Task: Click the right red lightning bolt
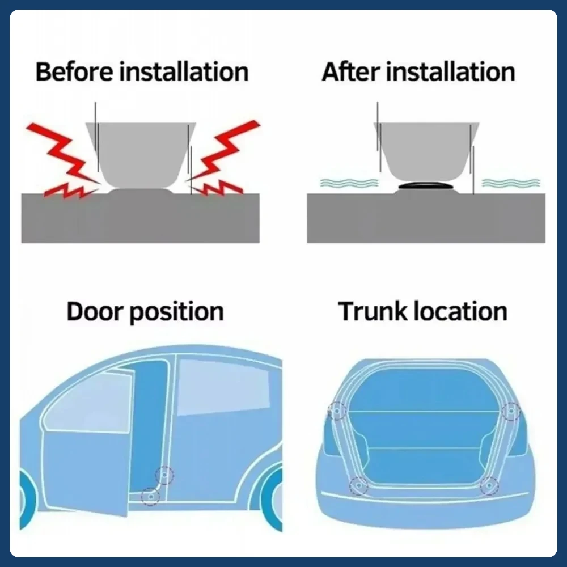pos(224,159)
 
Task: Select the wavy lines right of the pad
pos(511,183)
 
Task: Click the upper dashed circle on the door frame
pos(165,475)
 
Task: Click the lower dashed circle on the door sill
pos(150,496)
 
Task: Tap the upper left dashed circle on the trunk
pos(337,410)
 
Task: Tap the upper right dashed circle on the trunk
pos(511,411)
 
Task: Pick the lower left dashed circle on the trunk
pos(359,485)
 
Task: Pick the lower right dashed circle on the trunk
pos(489,485)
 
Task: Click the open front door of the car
pos(85,454)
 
